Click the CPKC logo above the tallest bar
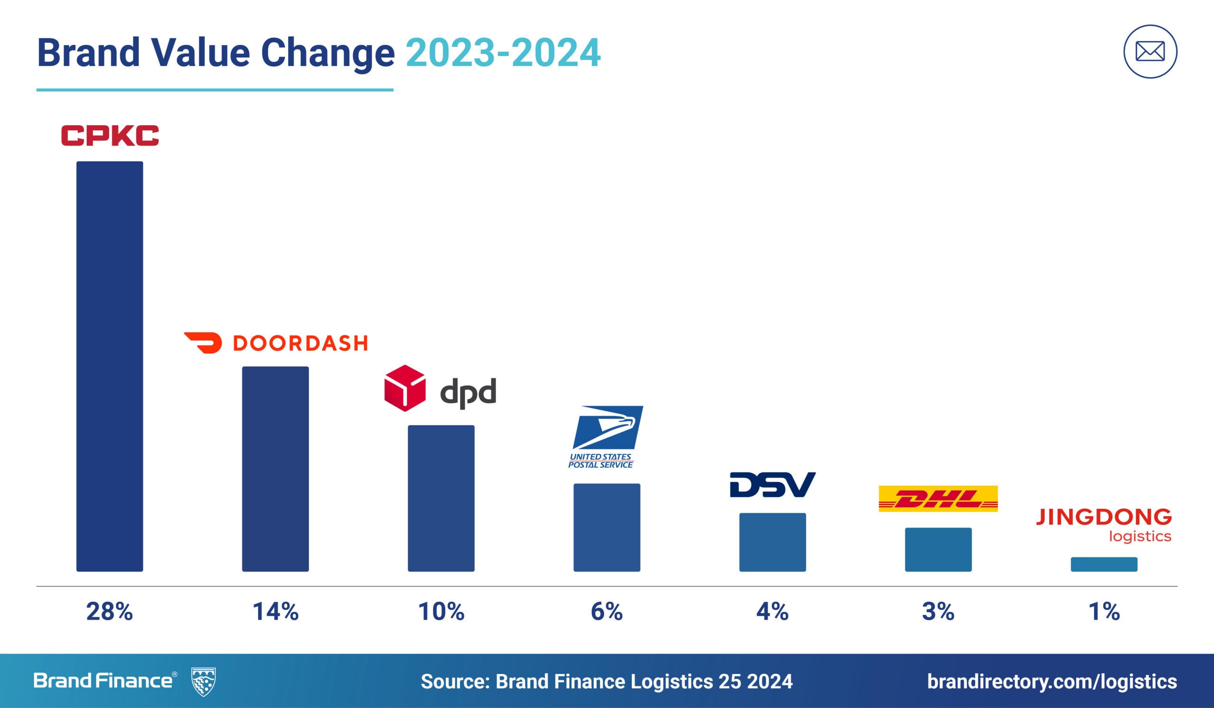point(110,135)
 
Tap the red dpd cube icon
point(405,388)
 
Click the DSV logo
point(772,485)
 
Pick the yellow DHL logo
point(938,499)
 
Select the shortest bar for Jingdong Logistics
point(1104,564)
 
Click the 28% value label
point(110,612)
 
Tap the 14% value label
point(275,612)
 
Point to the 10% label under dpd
point(441,612)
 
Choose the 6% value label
point(607,612)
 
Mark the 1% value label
point(1104,612)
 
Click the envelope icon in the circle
point(1150,52)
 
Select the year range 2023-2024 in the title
point(503,53)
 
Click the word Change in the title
point(328,53)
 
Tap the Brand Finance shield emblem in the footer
point(203,681)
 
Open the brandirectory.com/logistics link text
point(1052,681)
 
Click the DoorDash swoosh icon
point(203,343)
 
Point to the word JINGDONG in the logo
point(1104,517)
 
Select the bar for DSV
point(772,543)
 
